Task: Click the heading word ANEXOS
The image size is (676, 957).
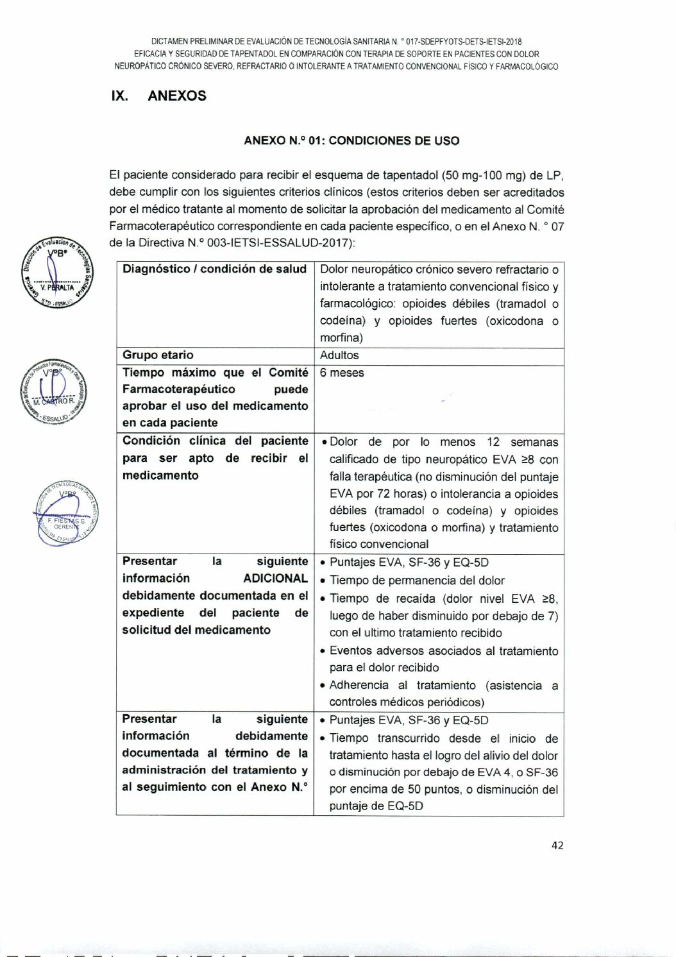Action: coord(176,96)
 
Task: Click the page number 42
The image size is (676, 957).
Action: coord(557,845)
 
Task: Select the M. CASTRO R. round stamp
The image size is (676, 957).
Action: coord(54,391)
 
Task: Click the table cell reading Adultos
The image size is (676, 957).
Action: coord(339,355)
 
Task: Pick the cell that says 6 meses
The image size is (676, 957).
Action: coord(342,373)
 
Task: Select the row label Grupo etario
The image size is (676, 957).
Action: coord(158,355)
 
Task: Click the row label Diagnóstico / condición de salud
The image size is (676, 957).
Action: coord(214,269)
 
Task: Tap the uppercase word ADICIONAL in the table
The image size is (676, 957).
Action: coord(275,578)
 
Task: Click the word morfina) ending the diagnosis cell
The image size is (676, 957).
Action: coord(341,337)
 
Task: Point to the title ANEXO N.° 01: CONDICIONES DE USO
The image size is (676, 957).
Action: coord(351,140)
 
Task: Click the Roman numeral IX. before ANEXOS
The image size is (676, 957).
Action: coord(120,96)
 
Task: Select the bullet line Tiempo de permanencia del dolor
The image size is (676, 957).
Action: coord(417,580)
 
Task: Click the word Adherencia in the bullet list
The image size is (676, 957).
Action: coord(359,685)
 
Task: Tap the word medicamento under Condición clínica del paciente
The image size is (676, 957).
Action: coord(160,475)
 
